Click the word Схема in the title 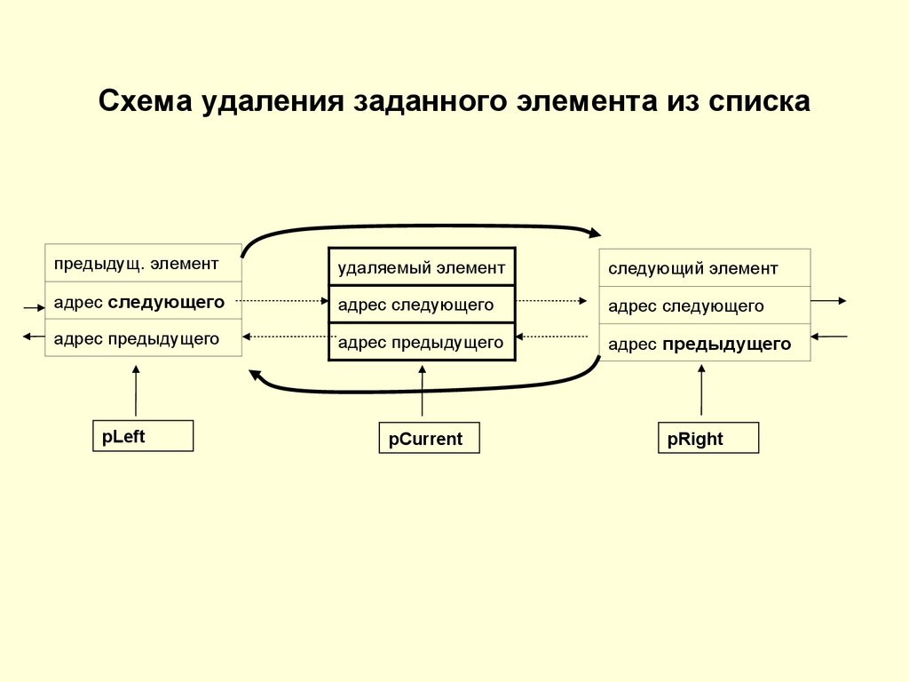(x=144, y=100)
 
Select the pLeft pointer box (x=143, y=436)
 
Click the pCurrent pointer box (x=429, y=439)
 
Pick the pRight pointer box (x=708, y=439)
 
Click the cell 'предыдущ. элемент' (x=143, y=263)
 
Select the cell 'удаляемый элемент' (x=422, y=266)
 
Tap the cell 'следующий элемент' (x=705, y=268)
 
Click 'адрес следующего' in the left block (x=143, y=301)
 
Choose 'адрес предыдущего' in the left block (x=143, y=337)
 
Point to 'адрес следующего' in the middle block (x=422, y=305)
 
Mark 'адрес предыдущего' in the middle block (x=422, y=342)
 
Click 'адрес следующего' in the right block (x=705, y=305)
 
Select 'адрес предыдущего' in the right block (x=705, y=344)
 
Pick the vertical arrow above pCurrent (x=423, y=391)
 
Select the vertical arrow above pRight (x=701, y=391)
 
